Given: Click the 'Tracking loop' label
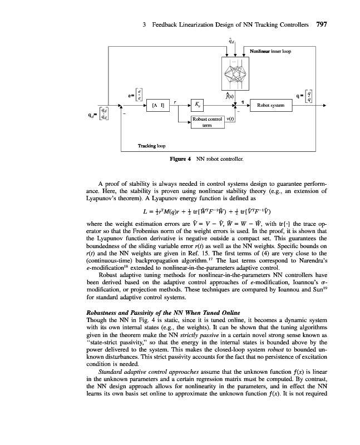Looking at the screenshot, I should tap(150, 146).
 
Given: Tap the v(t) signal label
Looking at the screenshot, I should tap(231, 119).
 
